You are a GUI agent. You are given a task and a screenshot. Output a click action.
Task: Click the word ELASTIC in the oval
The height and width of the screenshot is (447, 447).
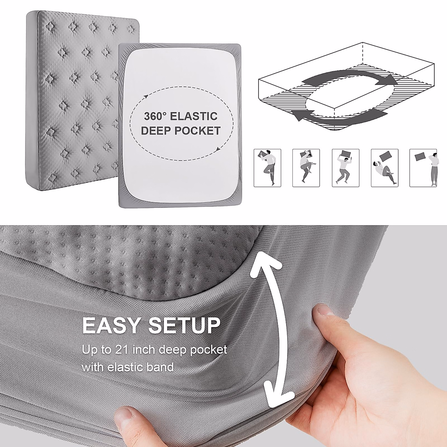tap(194, 116)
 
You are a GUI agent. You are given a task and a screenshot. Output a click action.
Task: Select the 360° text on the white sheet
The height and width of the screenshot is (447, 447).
tap(155, 116)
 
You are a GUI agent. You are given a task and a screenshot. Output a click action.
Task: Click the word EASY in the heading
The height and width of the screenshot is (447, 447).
tap(112, 325)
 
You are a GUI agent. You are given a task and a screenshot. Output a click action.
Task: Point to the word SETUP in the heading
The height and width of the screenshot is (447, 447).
tap(182, 325)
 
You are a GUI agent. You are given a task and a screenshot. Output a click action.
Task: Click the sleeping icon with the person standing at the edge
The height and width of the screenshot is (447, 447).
tap(423, 168)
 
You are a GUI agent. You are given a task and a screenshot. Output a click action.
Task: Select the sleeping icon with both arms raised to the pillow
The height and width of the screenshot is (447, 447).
tap(345, 168)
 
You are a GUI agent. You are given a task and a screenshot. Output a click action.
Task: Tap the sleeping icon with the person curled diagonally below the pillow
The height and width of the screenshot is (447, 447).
tap(384, 168)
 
